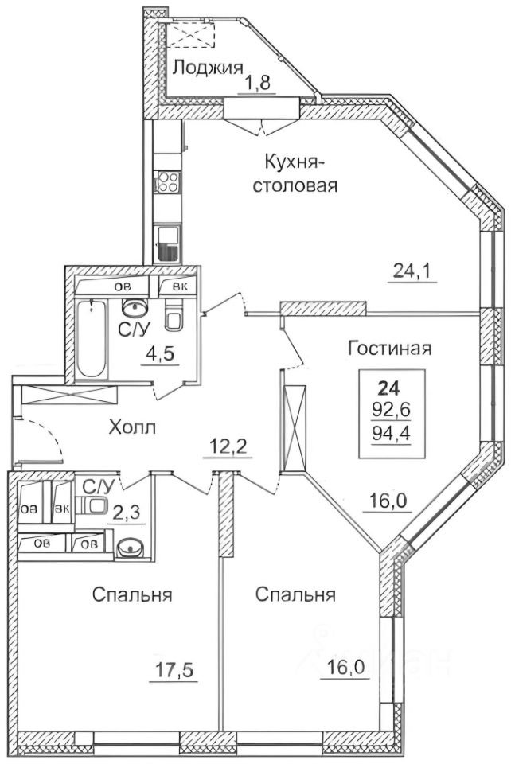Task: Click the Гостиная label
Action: (x=389, y=348)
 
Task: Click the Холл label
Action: (x=133, y=428)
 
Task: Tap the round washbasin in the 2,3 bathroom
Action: (x=130, y=548)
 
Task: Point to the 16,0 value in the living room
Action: (x=389, y=502)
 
